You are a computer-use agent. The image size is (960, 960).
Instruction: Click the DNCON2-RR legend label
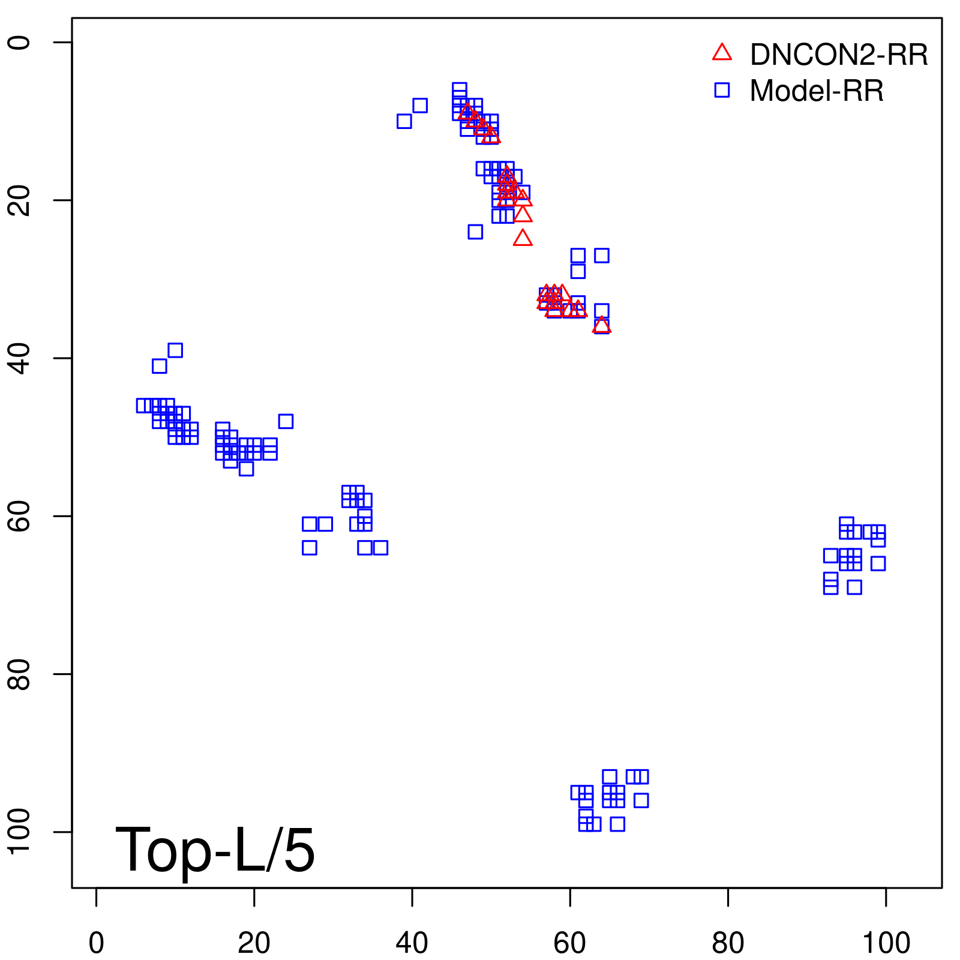pyautogui.click(x=839, y=55)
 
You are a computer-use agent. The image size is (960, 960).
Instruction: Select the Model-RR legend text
pyautogui.click(x=817, y=91)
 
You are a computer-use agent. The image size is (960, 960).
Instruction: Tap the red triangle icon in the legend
pyautogui.click(x=722, y=53)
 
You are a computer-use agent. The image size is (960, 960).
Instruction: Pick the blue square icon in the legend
pyautogui.click(x=722, y=90)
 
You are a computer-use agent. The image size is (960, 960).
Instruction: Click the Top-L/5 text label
pyautogui.click(x=215, y=850)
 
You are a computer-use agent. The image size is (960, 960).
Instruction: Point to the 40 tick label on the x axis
pyautogui.click(x=412, y=943)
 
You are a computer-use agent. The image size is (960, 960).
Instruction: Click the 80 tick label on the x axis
pyautogui.click(x=728, y=943)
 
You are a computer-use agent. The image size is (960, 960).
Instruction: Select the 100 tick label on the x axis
pyautogui.click(x=886, y=943)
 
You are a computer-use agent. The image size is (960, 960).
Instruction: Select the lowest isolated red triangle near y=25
pyautogui.click(x=523, y=239)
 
